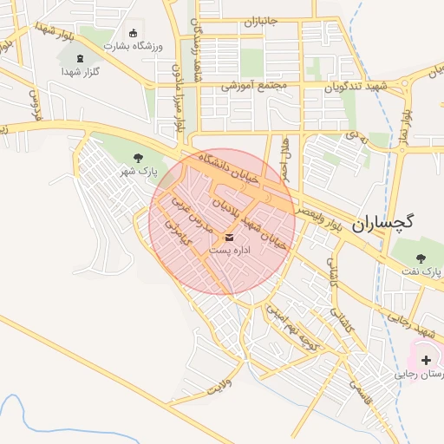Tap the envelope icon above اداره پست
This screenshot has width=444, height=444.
click(x=229, y=237)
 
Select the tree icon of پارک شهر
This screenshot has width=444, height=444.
click(x=138, y=157)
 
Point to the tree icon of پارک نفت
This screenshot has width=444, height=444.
click(x=421, y=258)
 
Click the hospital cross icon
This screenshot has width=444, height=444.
click(x=426, y=359)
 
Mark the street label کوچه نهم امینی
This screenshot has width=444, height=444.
click(x=297, y=329)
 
